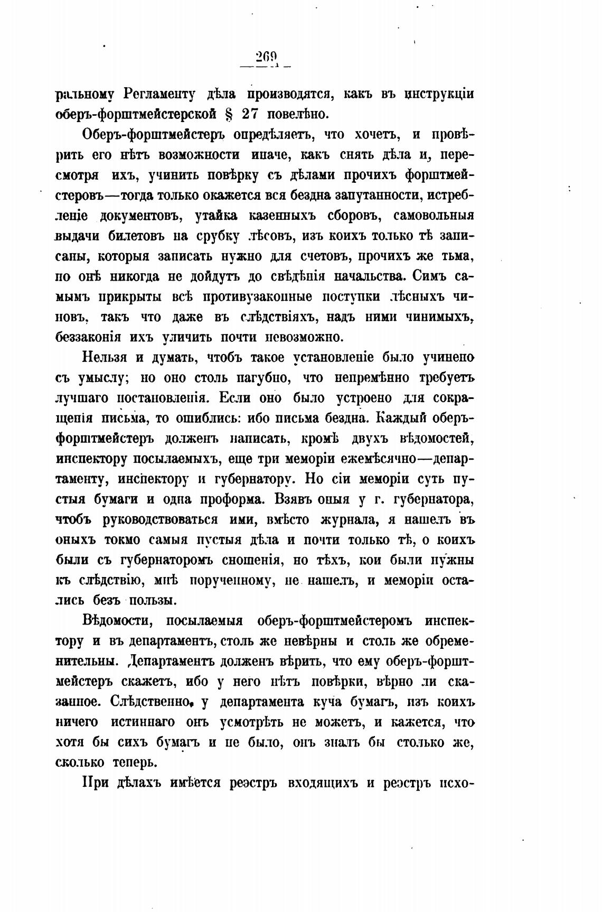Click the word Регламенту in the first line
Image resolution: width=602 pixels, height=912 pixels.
[163, 94]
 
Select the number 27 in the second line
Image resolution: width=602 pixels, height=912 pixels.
[251, 114]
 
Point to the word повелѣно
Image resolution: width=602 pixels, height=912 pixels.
[298, 114]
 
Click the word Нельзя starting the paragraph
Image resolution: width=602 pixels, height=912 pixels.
[105, 358]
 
